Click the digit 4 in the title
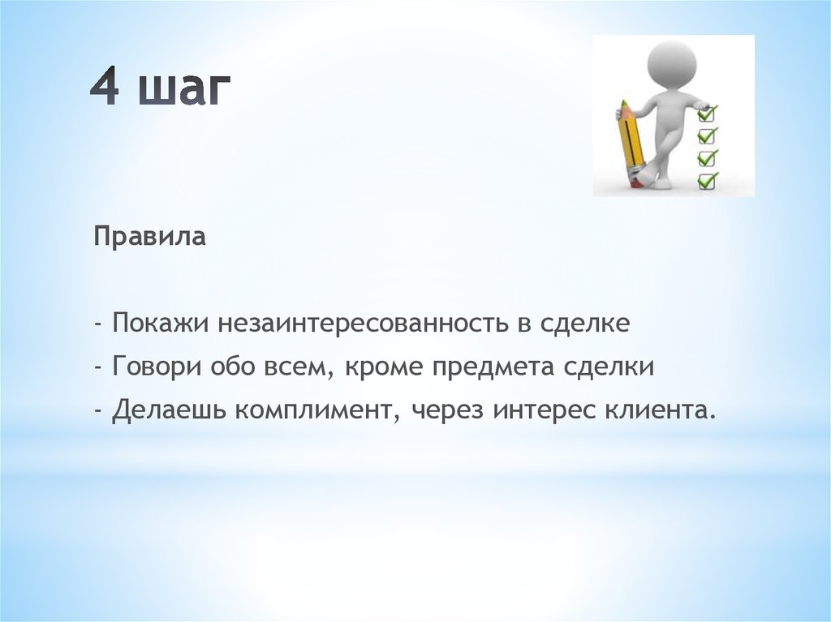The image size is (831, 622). (105, 87)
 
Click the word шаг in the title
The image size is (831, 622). (184, 90)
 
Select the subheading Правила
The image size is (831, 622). (150, 237)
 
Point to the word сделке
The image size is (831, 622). (585, 324)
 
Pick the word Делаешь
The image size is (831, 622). (169, 410)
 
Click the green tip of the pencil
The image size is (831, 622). (624, 103)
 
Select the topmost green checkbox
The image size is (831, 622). (707, 113)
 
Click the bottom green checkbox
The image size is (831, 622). (708, 181)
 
